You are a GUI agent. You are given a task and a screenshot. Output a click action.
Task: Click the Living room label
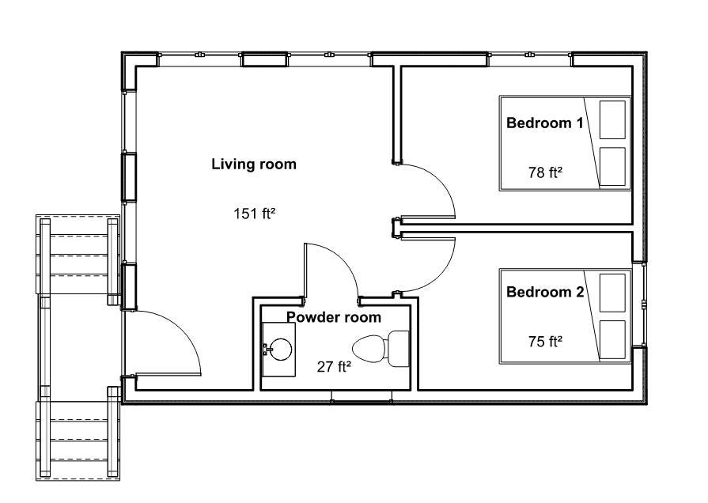(254, 165)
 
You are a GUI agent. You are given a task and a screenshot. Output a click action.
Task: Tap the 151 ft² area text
(254, 213)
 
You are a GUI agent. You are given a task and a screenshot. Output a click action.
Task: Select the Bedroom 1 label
(545, 123)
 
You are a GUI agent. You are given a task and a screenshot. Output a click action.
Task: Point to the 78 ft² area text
(545, 172)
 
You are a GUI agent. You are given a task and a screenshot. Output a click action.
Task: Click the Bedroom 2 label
(545, 292)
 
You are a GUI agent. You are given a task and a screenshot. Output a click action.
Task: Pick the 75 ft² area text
(545, 342)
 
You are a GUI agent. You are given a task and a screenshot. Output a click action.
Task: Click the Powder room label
(334, 317)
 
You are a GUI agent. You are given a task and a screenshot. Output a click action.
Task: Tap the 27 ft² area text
(333, 366)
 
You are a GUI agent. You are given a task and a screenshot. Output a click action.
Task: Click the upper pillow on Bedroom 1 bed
(612, 119)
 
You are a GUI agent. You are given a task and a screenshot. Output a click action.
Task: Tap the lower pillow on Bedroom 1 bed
(612, 167)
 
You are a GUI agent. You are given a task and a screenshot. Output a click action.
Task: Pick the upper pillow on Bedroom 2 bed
(612, 293)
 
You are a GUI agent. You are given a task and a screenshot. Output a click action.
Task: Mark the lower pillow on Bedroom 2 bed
(612, 339)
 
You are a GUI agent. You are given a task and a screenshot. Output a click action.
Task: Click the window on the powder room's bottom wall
(361, 400)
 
